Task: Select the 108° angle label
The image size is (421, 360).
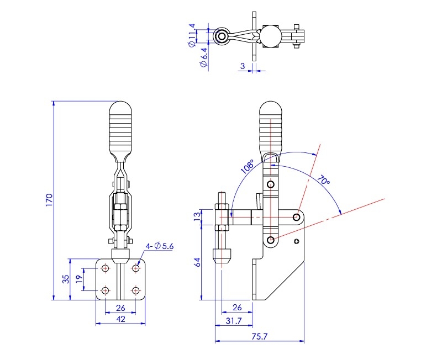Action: [247, 167]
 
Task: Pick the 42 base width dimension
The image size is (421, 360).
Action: [120, 319]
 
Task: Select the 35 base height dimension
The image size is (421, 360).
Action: [66, 279]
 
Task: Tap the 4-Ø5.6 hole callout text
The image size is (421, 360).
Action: [160, 246]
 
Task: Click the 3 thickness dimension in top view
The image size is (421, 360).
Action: [242, 66]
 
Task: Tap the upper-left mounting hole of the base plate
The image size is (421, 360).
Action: [105, 268]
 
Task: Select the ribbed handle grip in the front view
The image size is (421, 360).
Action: [121, 128]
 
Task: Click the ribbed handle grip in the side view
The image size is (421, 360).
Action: [271, 128]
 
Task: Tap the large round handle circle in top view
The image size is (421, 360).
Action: [271, 36]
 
